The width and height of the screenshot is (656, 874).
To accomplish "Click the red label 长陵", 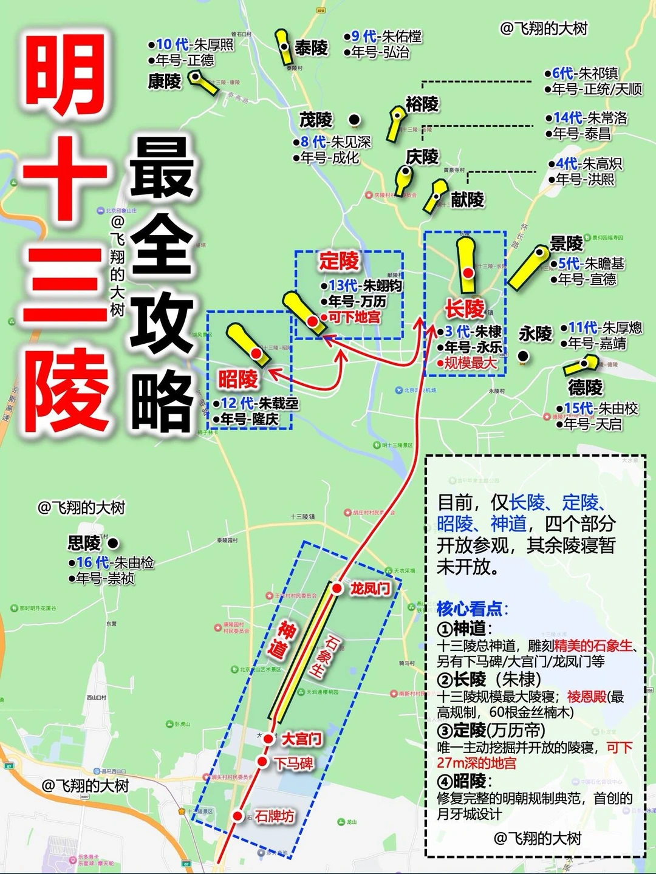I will pyautogui.click(x=465, y=309).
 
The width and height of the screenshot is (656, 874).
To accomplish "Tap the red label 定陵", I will pyautogui.click(x=339, y=262).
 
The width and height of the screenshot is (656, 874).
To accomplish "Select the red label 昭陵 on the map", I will pyautogui.click(x=238, y=380).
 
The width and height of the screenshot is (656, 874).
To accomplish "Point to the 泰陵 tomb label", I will pyautogui.click(x=311, y=47).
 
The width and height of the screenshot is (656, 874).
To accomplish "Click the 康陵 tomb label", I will pyautogui.click(x=165, y=81).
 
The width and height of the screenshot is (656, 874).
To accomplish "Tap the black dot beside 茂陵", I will pyautogui.click(x=354, y=119).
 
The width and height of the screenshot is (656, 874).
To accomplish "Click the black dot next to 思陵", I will pyautogui.click(x=113, y=543).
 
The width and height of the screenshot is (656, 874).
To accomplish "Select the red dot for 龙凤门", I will pyautogui.click(x=337, y=588).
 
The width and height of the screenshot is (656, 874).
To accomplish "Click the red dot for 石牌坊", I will pyautogui.click(x=237, y=816).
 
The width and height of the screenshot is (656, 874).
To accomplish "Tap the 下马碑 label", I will pyautogui.click(x=293, y=763).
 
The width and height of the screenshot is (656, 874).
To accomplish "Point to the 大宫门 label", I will pyautogui.click(x=301, y=739).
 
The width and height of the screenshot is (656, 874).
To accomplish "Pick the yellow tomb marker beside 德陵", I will pyautogui.click(x=581, y=366).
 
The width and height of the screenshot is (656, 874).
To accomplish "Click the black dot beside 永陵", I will pyautogui.click(x=523, y=355).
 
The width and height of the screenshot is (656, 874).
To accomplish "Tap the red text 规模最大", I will pyautogui.click(x=470, y=363).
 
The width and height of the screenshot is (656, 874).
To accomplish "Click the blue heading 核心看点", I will pyautogui.click(x=471, y=608).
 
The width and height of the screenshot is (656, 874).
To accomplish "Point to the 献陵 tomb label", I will pyautogui.click(x=467, y=199).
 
